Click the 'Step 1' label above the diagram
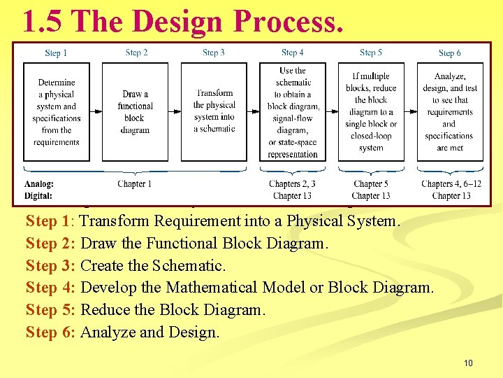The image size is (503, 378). pyautogui.click(x=56, y=53)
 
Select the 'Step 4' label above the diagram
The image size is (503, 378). pyautogui.click(x=292, y=52)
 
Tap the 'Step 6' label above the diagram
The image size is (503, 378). pyautogui.click(x=449, y=53)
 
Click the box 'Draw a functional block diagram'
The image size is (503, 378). pyautogui.click(x=135, y=112)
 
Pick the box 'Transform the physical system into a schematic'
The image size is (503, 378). pyautogui.click(x=214, y=111)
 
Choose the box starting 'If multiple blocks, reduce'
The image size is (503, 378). pyautogui.click(x=371, y=112)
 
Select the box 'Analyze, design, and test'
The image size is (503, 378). pyautogui.click(x=449, y=112)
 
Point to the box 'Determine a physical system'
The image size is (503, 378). pyautogui.click(x=57, y=112)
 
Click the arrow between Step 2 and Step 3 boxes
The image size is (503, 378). pyautogui.click(x=175, y=106)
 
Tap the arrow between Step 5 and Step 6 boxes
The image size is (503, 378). pyautogui.click(x=410, y=106)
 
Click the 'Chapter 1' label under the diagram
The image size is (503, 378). pyautogui.click(x=135, y=184)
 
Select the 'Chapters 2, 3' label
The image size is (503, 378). pyautogui.click(x=292, y=184)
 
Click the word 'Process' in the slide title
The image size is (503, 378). pyautogui.click(x=289, y=22)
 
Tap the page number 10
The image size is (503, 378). pyautogui.click(x=467, y=363)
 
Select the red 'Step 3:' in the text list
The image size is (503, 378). pyautogui.click(x=51, y=265)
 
